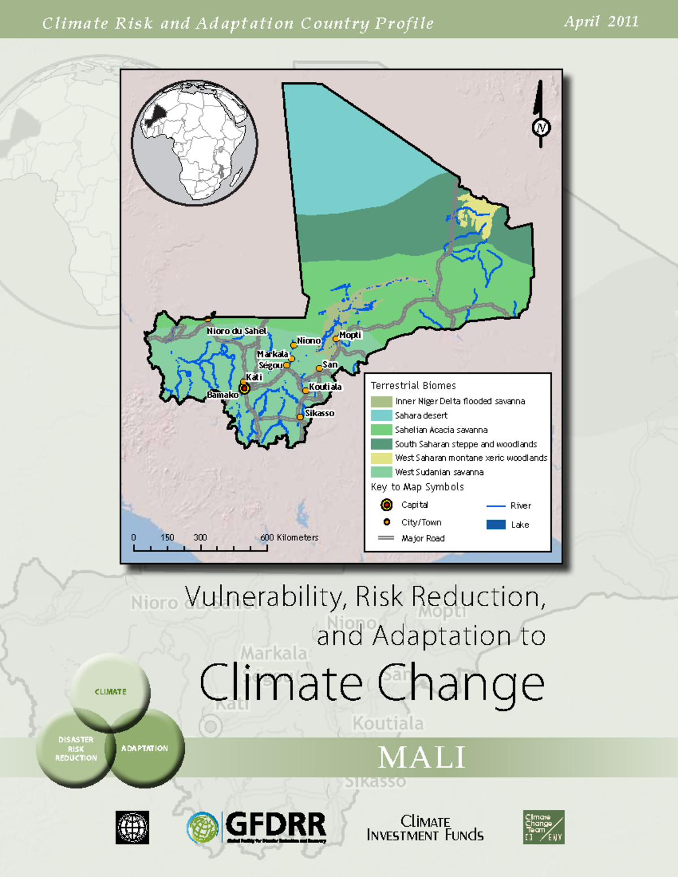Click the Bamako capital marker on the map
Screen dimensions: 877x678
pyautogui.click(x=244, y=388)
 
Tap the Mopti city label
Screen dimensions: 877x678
pyautogui.click(x=350, y=335)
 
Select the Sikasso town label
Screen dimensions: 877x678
pyautogui.click(x=320, y=413)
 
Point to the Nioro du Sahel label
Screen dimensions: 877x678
pyautogui.click(x=236, y=331)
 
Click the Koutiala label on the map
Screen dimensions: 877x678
pyautogui.click(x=325, y=387)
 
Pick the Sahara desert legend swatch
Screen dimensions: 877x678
pyautogui.click(x=381, y=415)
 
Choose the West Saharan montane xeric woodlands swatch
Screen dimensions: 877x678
pyautogui.click(x=381, y=457)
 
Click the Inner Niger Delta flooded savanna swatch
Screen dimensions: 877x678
pyautogui.click(x=381, y=401)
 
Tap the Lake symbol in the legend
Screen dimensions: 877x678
pyautogui.click(x=496, y=525)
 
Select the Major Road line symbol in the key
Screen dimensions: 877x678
pyautogui.click(x=386, y=538)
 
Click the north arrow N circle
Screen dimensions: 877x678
pyautogui.click(x=541, y=128)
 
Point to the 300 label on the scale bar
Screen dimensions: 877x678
pyautogui.click(x=200, y=538)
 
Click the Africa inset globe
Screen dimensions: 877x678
pyautogui.click(x=194, y=142)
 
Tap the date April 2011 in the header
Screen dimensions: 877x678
pyautogui.click(x=601, y=21)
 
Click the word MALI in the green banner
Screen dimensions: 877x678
pyautogui.click(x=422, y=757)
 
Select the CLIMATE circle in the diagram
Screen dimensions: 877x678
pyautogui.click(x=111, y=691)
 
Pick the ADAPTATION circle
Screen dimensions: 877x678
pyautogui.click(x=145, y=748)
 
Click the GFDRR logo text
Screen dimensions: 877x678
pyautogui.click(x=276, y=825)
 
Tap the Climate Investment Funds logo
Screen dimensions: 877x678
pyautogui.click(x=425, y=828)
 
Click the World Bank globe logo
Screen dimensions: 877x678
pyautogui.click(x=132, y=827)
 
